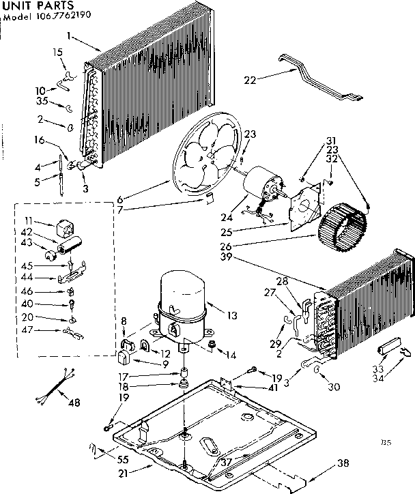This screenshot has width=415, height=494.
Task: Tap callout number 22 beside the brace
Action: point(250,80)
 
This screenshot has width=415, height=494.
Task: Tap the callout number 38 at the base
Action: point(343,463)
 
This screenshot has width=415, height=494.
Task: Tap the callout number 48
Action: point(74,403)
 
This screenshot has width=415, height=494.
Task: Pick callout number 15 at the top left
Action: point(57,52)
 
